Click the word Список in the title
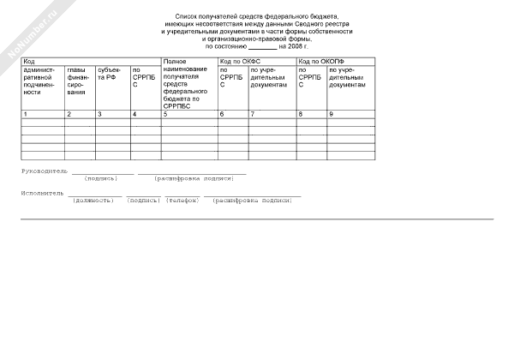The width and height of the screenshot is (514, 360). pyautogui.click(x=185, y=16)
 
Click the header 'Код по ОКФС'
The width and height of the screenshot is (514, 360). pyautogui.click(x=239, y=63)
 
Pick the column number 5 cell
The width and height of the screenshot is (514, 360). pyautogui.click(x=164, y=114)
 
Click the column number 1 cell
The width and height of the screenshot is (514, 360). pyautogui.click(x=25, y=114)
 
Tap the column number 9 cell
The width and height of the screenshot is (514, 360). pyautogui.click(x=331, y=114)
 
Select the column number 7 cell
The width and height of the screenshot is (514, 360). pyautogui.click(x=251, y=114)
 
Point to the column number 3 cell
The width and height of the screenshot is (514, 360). pyautogui.click(x=99, y=114)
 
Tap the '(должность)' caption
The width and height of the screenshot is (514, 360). pyautogui.click(x=93, y=200)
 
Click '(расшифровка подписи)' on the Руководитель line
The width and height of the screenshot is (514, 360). pyautogui.click(x=194, y=178)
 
